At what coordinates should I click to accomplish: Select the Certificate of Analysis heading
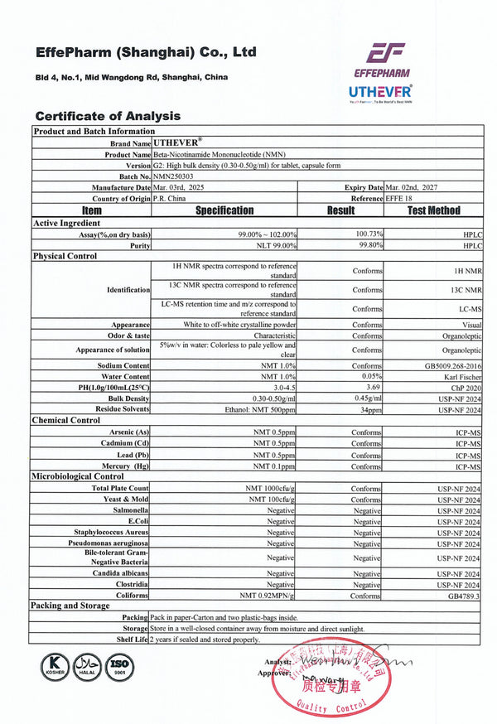pyautogui.click(x=108, y=116)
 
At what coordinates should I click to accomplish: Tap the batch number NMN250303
pyautogui.click(x=177, y=176)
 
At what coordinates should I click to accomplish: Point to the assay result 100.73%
pyautogui.click(x=365, y=235)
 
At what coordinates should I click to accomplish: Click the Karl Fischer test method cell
pyautogui.click(x=461, y=377)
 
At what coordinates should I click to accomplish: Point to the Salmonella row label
pyautogui.click(x=129, y=511)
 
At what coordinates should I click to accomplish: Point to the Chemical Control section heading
pyautogui.click(x=66, y=420)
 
